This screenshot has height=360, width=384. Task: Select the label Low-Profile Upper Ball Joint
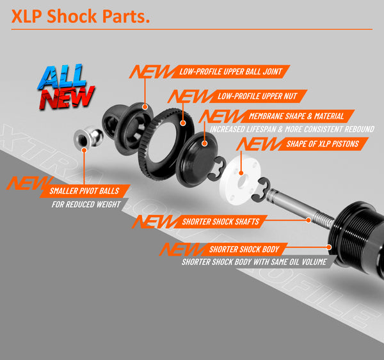pos(230,71)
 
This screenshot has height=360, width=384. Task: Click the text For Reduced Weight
pos(86,205)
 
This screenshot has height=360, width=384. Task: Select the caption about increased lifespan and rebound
pos(291,129)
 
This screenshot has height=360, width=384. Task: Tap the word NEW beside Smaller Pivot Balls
pos(22,184)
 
